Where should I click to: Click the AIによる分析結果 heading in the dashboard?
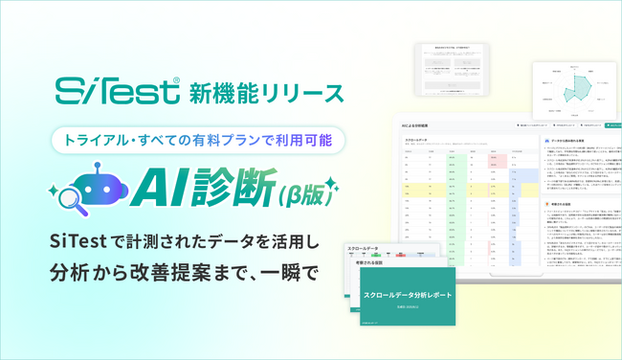click(417, 124)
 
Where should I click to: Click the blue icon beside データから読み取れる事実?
click(545, 140)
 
